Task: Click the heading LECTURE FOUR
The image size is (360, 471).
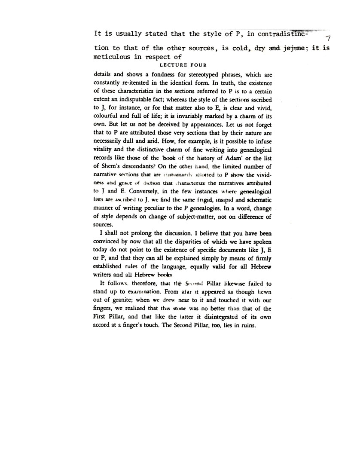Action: tap(183, 65)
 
